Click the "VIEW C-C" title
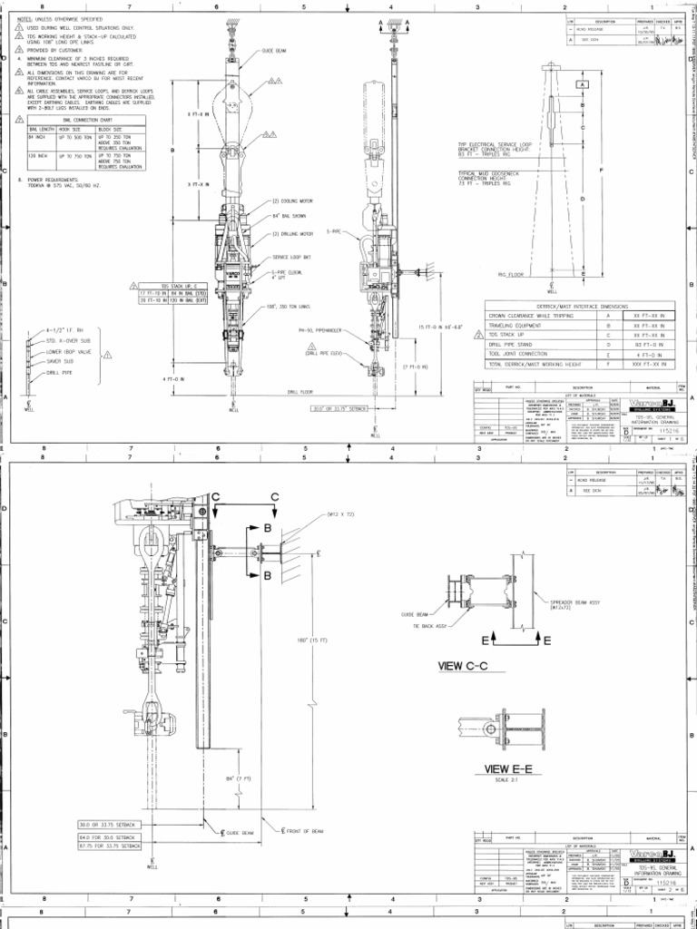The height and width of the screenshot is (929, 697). click(x=463, y=666)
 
